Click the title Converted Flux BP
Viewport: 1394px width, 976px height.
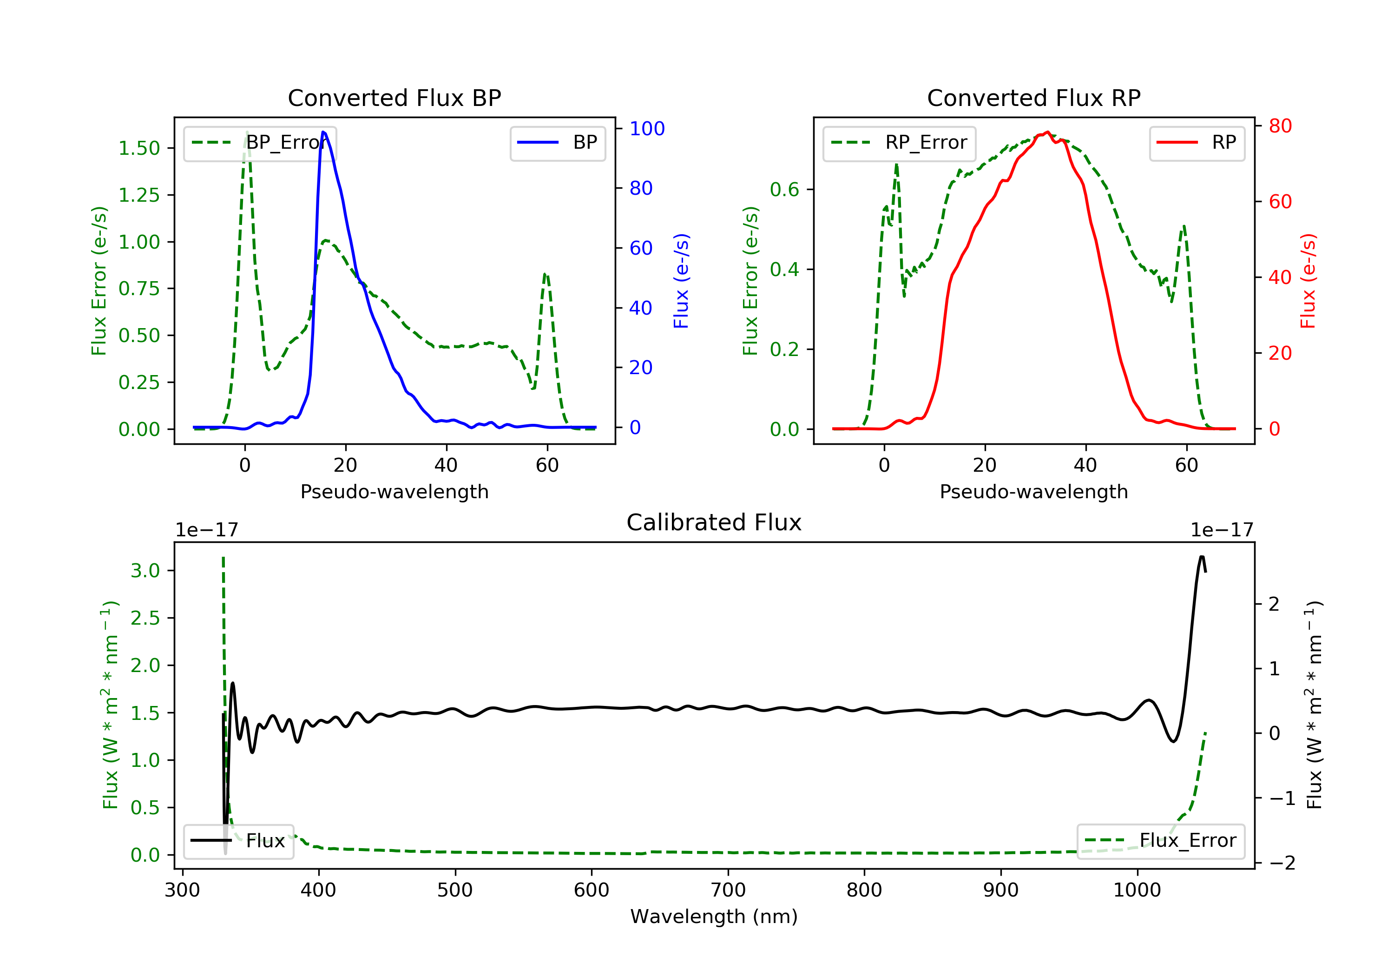394,98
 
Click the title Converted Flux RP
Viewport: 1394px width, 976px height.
1033,98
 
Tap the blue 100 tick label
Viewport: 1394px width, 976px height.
647,129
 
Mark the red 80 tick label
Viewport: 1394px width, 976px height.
1280,126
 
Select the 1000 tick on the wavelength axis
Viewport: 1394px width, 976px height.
1137,890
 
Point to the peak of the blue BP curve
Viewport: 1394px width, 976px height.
323,132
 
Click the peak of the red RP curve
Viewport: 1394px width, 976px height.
1047,132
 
